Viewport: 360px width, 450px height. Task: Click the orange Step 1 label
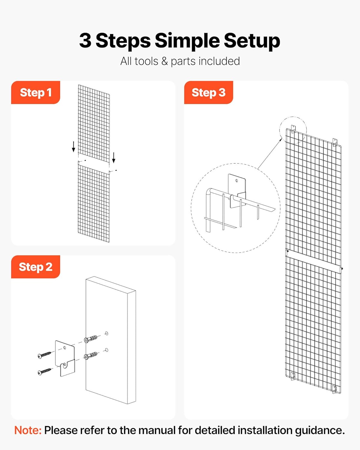pos(35,92)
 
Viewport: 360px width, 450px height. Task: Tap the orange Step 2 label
pos(35,267)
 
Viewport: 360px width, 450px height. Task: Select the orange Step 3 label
pos(208,92)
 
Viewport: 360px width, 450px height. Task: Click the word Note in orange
pos(28,430)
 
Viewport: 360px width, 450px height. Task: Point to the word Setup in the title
pos(252,40)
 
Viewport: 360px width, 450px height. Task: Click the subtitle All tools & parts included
pos(180,61)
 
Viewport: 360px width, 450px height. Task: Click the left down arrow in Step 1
pos(73,147)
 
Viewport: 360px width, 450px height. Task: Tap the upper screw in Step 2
pos(44,355)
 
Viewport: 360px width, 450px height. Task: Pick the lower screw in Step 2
pos(44,371)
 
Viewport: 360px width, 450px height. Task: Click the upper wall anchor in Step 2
pos(91,339)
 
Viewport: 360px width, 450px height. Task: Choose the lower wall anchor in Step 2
pos(91,355)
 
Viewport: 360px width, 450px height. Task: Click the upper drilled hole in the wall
pos(106,333)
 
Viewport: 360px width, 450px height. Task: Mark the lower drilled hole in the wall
pos(106,350)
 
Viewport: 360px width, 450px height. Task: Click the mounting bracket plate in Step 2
pos(65,357)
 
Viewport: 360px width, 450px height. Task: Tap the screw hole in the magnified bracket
pos(237,181)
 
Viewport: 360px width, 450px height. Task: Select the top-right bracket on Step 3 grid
pos(335,142)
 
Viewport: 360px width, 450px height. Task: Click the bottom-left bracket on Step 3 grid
pos(292,376)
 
